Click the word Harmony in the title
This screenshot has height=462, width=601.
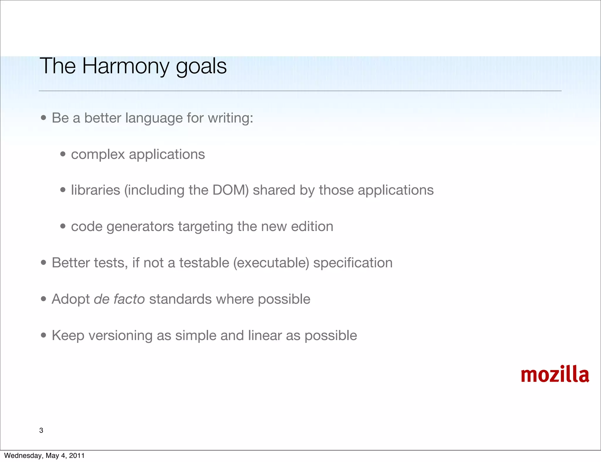(x=126, y=66)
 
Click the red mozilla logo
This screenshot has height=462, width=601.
(x=555, y=375)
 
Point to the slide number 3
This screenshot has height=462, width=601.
(x=41, y=430)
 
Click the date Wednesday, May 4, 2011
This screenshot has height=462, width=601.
(x=44, y=456)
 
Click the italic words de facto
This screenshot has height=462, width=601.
(x=119, y=299)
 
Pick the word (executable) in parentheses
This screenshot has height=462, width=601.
(x=271, y=263)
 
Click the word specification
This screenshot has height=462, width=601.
(x=353, y=263)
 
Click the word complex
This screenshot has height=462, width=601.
(x=98, y=154)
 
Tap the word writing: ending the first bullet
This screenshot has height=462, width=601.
(x=230, y=118)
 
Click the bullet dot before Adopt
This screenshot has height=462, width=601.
(x=44, y=299)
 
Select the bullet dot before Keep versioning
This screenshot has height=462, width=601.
(x=44, y=335)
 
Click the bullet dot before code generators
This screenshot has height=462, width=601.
(x=63, y=226)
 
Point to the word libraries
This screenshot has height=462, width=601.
(x=96, y=190)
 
